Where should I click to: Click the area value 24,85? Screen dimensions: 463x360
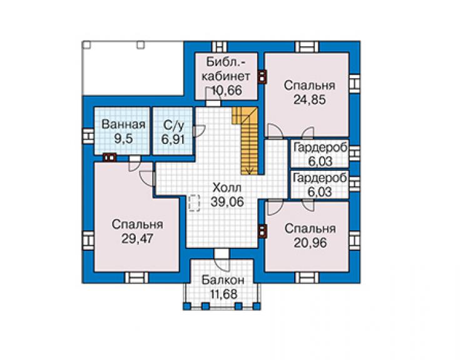[x=310, y=100]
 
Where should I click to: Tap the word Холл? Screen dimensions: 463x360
[x=226, y=188]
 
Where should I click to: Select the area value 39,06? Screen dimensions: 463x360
[x=227, y=202]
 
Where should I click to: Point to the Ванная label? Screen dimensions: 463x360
[x=123, y=125]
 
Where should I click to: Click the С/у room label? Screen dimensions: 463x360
[x=174, y=125]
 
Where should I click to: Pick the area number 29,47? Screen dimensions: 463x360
[x=137, y=239]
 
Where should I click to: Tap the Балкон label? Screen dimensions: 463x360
[x=223, y=280]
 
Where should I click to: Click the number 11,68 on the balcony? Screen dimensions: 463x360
[x=223, y=294]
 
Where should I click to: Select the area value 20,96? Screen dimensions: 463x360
[x=310, y=243]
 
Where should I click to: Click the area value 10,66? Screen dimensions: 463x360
[x=226, y=90]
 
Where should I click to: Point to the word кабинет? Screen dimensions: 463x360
[x=226, y=76]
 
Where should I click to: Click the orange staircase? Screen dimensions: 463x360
[x=247, y=140]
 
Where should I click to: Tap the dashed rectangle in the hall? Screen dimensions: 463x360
[x=194, y=203]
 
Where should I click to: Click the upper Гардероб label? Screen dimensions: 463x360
[x=320, y=148]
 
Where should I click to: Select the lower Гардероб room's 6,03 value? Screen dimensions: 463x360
[x=320, y=192]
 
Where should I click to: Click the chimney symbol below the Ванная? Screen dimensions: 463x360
[x=109, y=158]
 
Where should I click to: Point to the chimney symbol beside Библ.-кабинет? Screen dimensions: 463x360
[x=262, y=76]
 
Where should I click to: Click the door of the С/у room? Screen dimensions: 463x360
[x=199, y=131]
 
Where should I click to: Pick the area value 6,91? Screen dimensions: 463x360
[x=173, y=139]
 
